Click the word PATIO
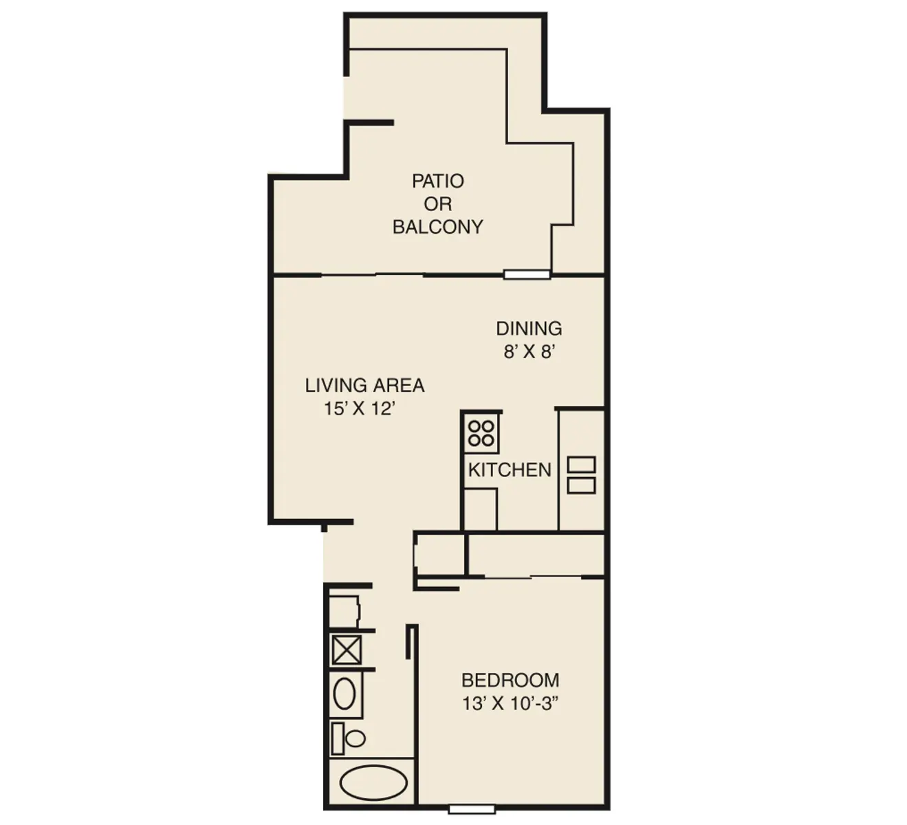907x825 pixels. pyautogui.click(x=437, y=181)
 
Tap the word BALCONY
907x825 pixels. pyautogui.click(x=437, y=227)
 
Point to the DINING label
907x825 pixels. pyautogui.click(x=529, y=328)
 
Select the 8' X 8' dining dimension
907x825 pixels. pyautogui.click(x=529, y=352)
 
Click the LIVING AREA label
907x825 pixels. pyautogui.click(x=364, y=385)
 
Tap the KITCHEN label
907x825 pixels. pyautogui.click(x=510, y=470)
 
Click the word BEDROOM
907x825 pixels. pyautogui.click(x=510, y=680)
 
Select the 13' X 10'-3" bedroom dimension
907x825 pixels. pyautogui.click(x=509, y=704)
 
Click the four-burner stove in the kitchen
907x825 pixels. pyautogui.click(x=481, y=433)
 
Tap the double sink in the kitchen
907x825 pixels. pyautogui.click(x=581, y=475)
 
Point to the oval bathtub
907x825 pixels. pyautogui.click(x=374, y=783)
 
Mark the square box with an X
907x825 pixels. pyautogui.click(x=346, y=650)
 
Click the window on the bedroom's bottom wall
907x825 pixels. pyautogui.click(x=471, y=809)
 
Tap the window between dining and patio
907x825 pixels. pyautogui.click(x=527, y=274)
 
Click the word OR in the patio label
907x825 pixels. pyautogui.click(x=437, y=204)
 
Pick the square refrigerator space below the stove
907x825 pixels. pyautogui.click(x=480, y=509)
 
